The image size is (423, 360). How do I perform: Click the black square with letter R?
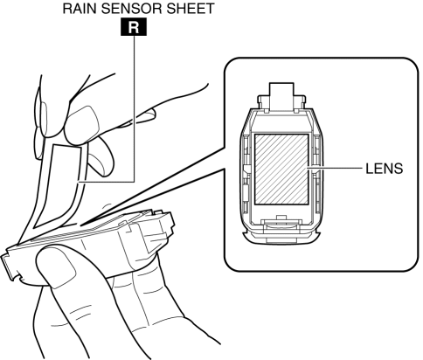[134, 28]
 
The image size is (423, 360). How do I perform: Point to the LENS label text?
[385, 169]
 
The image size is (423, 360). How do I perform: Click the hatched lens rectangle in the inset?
[281, 169]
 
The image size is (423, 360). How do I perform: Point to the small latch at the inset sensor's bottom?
[281, 225]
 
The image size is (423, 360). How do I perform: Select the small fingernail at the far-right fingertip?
[146, 115]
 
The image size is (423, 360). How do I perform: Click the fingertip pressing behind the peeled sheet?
[99, 156]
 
